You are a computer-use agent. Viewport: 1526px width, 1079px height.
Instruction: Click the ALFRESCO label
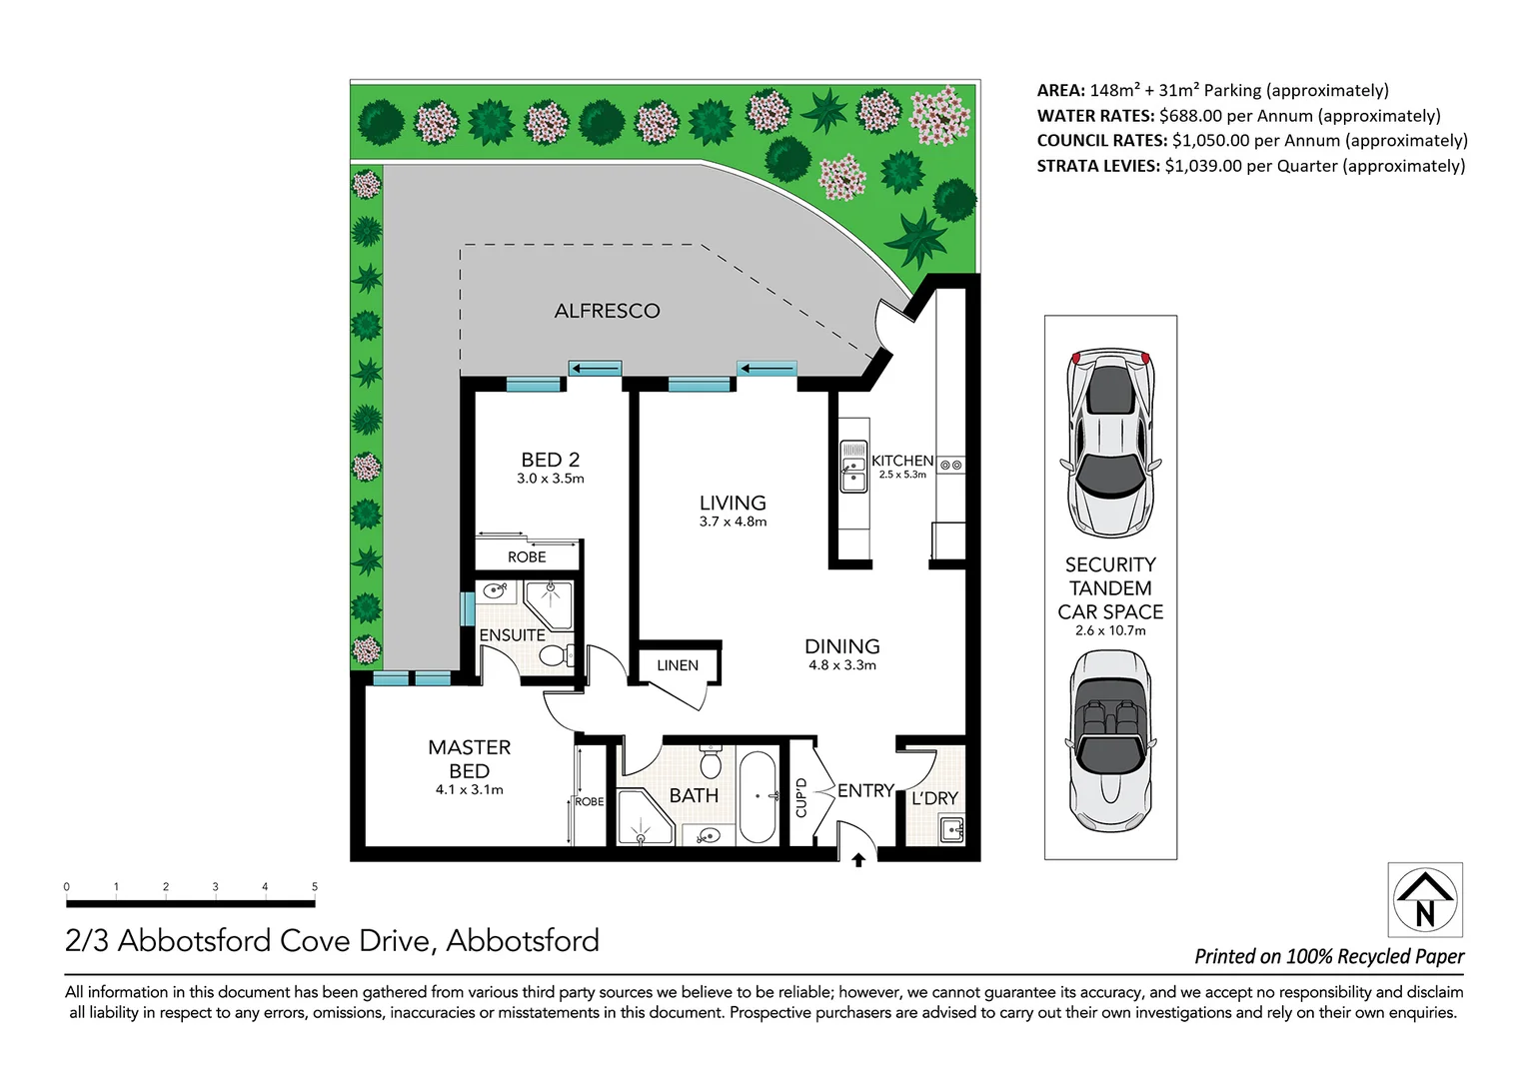[607, 311]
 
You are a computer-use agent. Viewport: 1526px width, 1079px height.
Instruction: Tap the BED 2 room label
[550, 460]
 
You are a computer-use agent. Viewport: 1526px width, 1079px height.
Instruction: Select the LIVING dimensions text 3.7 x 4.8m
[733, 522]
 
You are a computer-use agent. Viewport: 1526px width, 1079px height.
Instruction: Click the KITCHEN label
[901, 461]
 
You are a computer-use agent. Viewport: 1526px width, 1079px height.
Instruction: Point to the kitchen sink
[853, 467]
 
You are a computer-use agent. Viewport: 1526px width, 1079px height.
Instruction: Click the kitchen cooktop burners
[951, 465]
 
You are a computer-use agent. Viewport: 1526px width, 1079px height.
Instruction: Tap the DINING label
[841, 646]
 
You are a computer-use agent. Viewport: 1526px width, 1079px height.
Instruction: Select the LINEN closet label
[678, 665]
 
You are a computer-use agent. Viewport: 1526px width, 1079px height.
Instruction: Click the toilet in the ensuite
[553, 655]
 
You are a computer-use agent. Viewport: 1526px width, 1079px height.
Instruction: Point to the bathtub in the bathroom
[758, 797]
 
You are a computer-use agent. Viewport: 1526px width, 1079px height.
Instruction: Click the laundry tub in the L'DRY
[951, 828]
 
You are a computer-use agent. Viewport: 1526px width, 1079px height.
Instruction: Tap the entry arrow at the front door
[857, 860]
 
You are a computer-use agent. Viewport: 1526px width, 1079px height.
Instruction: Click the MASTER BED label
[469, 759]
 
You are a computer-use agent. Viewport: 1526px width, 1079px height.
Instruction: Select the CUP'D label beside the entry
[800, 797]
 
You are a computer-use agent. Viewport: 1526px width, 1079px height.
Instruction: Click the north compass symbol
[1425, 899]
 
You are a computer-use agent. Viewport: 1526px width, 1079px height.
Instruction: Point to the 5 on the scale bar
[315, 886]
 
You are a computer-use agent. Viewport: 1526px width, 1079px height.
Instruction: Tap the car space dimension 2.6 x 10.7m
[1110, 630]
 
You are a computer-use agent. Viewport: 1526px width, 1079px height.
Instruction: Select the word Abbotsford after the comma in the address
[523, 941]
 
